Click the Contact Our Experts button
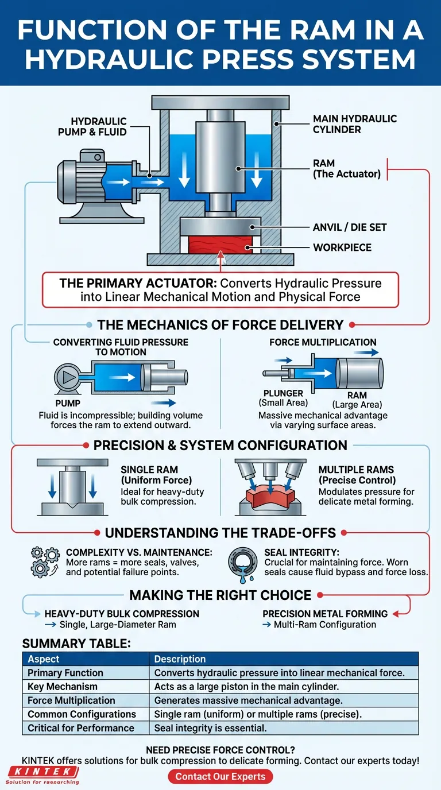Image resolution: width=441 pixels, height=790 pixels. click(x=220, y=777)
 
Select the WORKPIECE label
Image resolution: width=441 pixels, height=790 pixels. click(x=342, y=247)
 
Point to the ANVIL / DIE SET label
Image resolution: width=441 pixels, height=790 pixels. click(x=350, y=227)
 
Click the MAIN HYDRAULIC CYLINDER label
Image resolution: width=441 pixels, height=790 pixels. click(x=354, y=124)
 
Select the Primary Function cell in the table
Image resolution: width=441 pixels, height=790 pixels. click(x=65, y=673)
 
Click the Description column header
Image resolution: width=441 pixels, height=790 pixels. click(x=180, y=659)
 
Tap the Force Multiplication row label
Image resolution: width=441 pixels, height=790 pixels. click(x=71, y=700)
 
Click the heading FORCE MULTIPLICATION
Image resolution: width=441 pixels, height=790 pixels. click(x=323, y=342)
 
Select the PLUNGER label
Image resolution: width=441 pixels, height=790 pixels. click(x=283, y=393)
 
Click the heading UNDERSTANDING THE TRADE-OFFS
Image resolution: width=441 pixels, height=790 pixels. click(x=220, y=532)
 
